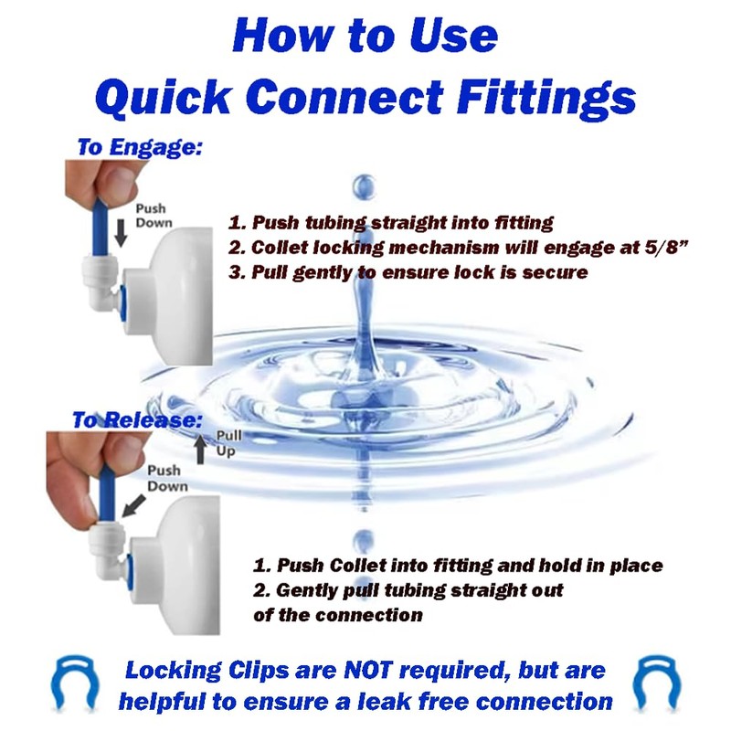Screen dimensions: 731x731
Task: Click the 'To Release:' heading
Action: (x=136, y=420)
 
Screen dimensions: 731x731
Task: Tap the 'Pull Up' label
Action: (x=229, y=444)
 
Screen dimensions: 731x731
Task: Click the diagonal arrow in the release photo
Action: (x=132, y=503)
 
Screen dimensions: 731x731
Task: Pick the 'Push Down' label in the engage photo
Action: (x=153, y=216)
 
